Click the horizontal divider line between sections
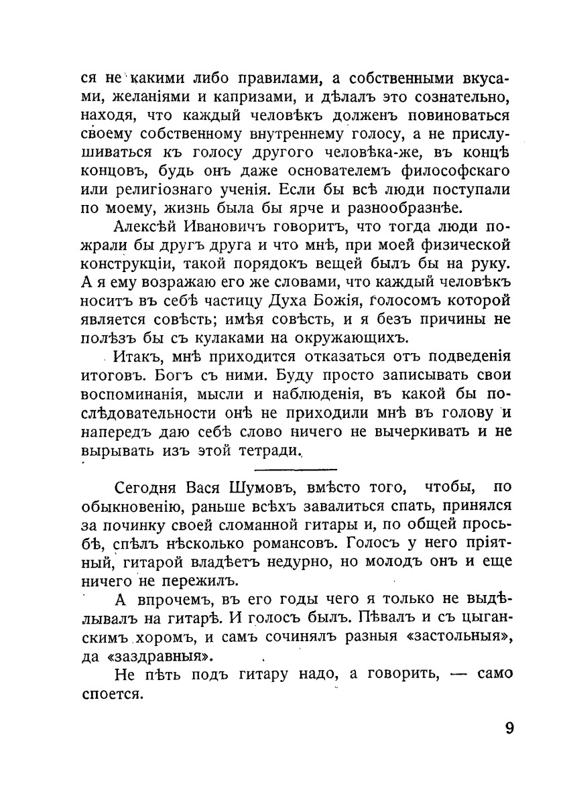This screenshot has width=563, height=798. point(296,470)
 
